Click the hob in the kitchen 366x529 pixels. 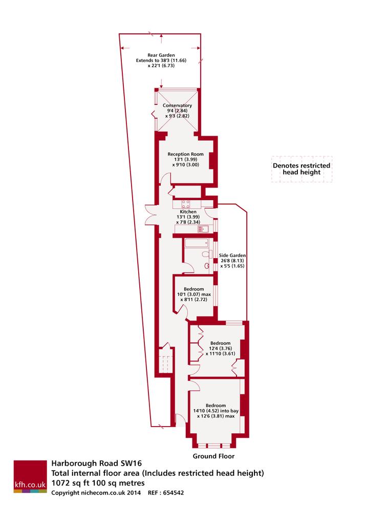point(185,204)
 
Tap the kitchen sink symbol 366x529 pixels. point(203,229)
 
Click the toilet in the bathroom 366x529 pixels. point(206,254)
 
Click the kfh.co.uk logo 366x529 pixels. point(30,476)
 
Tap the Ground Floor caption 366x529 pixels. point(213,456)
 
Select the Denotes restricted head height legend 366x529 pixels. point(302,169)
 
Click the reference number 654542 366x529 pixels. point(174,493)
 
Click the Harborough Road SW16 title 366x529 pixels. point(96,463)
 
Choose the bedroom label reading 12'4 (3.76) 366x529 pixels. point(220,348)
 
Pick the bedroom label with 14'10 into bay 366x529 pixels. point(216,411)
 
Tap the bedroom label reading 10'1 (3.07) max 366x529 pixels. point(194,294)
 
